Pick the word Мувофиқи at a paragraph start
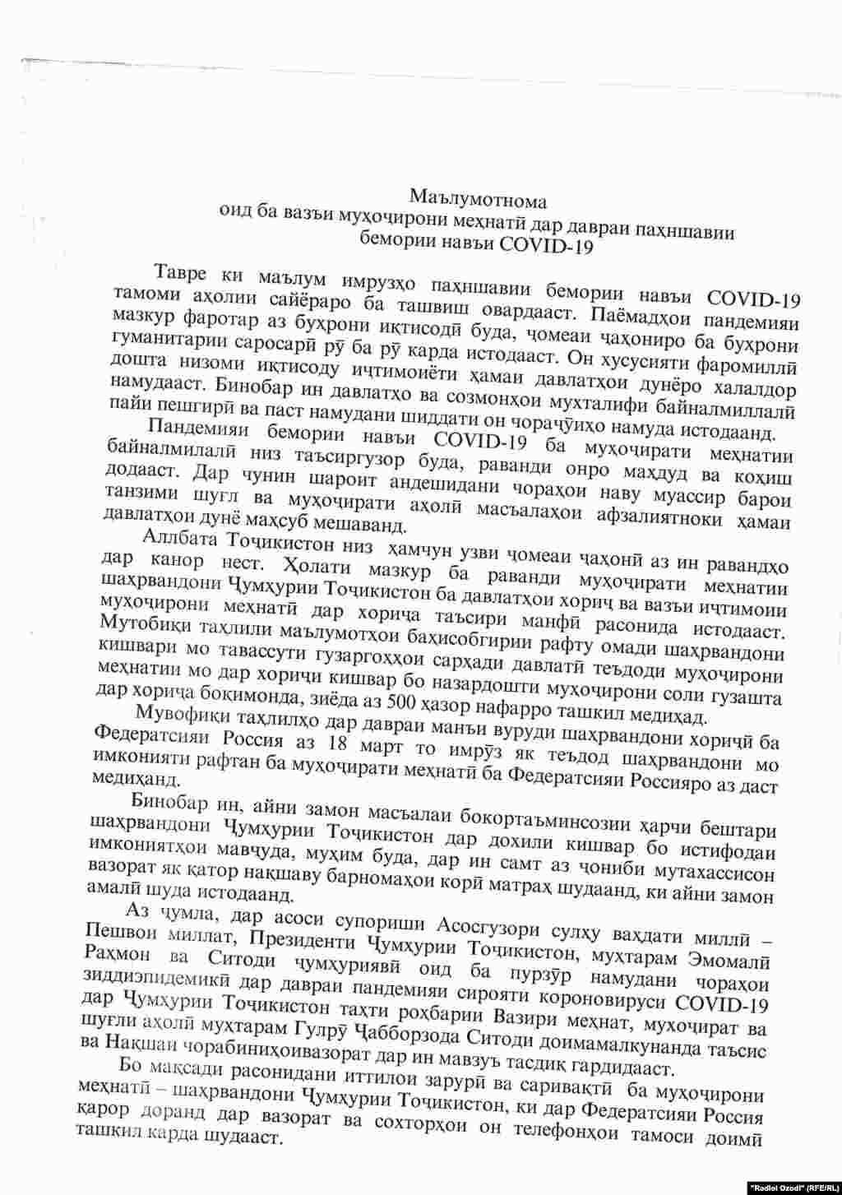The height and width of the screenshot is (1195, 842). pyautogui.click(x=178, y=714)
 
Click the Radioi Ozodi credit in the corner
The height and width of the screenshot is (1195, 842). pyautogui.click(x=793, y=1187)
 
